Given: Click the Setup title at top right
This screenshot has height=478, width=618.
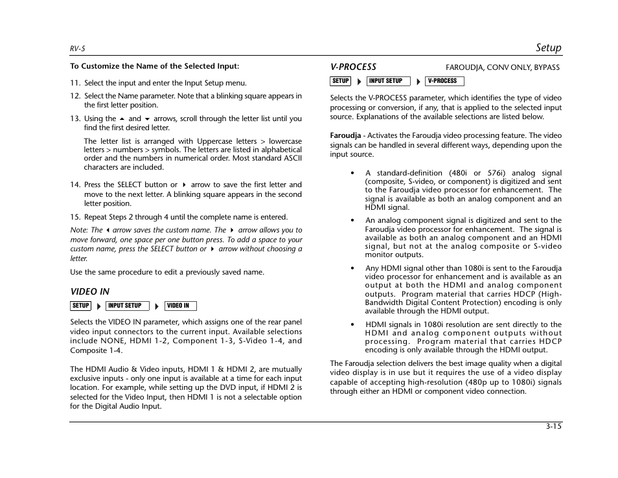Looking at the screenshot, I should tap(548, 47).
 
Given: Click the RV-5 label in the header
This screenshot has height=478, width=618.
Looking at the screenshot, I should tap(78, 49).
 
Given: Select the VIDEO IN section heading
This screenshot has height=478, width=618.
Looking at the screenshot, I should tap(89, 292).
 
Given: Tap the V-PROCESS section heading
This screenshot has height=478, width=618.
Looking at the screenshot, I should tap(353, 67).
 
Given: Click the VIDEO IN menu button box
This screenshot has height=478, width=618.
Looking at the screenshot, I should tap(180, 306).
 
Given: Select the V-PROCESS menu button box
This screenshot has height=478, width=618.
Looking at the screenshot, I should tap(444, 81).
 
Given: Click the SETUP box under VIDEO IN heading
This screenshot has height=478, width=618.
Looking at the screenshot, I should tap(81, 306).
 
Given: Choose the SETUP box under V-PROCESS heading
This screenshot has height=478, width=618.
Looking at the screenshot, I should tap(340, 81).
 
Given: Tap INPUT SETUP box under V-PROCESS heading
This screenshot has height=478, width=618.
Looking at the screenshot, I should tap(388, 81).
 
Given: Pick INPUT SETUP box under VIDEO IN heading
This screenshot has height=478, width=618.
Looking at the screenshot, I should tap(128, 306).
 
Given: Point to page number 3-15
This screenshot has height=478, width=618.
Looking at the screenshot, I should tap(553, 426).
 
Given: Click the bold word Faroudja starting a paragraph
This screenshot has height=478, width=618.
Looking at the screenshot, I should tap(345, 136).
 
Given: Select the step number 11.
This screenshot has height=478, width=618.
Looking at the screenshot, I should tap(75, 83).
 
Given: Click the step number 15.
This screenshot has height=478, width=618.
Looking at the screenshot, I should tap(75, 217).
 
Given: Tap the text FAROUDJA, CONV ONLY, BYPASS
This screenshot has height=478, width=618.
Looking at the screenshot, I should tap(502, 67).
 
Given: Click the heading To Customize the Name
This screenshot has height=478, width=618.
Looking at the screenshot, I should tap(154, 66).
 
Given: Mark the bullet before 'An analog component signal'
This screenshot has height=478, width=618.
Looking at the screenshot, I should tap(352, 220).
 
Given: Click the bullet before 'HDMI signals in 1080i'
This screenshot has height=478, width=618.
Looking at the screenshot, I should tap(352, 324).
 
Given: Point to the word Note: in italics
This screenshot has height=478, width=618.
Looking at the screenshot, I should tap(78, 230).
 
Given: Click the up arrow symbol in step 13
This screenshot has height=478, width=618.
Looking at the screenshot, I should tap(122, 119).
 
